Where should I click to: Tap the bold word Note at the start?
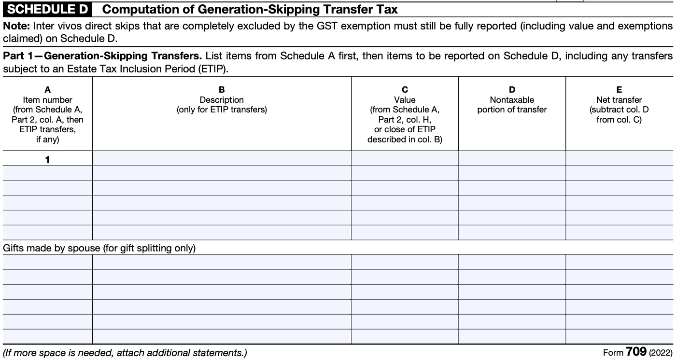[14, 26]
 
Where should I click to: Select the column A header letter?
[47, 90]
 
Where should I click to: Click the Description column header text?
[222, 100]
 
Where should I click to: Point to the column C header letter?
[405, 90]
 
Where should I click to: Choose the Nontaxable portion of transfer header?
[512, 105]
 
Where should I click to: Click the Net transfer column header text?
[619, 100]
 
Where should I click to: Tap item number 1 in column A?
[47, 160]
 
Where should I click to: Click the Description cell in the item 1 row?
[222, 158]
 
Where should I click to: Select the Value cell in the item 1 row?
[405, 158]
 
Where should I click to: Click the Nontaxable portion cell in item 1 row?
[512, 158]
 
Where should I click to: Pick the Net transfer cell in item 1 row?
[619, 158]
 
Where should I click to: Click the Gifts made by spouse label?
[99, 248]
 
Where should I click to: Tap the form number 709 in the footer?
[636, 352]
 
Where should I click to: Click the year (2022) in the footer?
[661, 353]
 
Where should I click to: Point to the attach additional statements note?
[125, 353]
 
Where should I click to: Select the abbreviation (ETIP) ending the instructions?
[210, 69]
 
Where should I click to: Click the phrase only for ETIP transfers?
[222, 110]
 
